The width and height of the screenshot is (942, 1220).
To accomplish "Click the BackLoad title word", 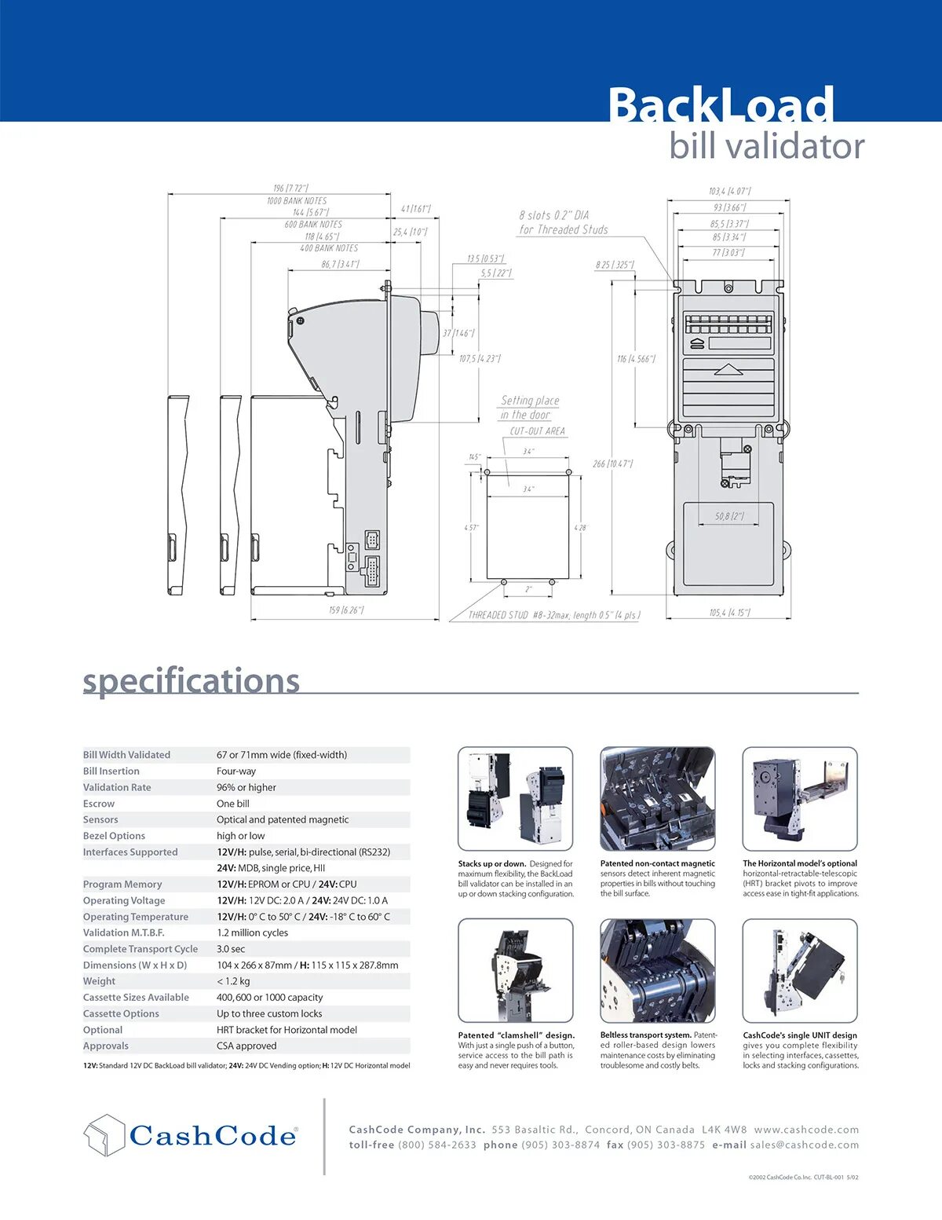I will pyautogui.click(x=721, y=105).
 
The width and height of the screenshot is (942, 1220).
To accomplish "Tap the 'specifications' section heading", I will pyautogui.click(x=192, y=680).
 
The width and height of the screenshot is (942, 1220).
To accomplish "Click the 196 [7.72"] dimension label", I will pyautogui.click(x=290, y=189).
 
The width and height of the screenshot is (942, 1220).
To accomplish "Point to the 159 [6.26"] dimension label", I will pyautogui.click(x=346, y=610).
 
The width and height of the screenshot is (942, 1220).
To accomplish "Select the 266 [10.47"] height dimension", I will pyautogui.click(x=612, y=463).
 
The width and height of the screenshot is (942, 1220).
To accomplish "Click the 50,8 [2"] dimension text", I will pyautogui.click(x=729, y=517).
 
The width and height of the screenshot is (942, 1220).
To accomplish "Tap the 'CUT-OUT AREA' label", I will pyautogui.click(x=537, y=431).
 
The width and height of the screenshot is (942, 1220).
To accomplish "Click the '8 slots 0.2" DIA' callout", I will pyautogui.click(x=553, y=215).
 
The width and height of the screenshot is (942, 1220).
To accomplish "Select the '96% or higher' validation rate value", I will pyautogui.click(x=246, y=787).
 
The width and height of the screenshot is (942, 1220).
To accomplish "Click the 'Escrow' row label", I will pyautogui.click(x=99, y=804).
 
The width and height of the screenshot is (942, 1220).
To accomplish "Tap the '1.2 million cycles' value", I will pyautogui.click(x=253, y=932).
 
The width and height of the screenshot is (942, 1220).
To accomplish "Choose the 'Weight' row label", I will pyautogui.click(x=99, y=981).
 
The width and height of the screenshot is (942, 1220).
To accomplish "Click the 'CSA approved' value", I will pyautogui.click(x=246, y=1046).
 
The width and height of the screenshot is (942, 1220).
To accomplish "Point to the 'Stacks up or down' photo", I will pyautogui.click(x=515, y=798).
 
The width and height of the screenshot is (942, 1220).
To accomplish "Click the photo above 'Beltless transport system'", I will pyautogui.click(x=658, y=970).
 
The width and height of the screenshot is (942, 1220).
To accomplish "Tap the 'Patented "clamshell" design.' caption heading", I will pyautogui.click(x=517, y=1035).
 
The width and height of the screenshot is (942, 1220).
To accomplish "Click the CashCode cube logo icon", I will pyautogui.click(x=104, y=1135).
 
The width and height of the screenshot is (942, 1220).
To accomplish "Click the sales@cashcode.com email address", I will pyautogui.click(x=804, y=1145).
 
